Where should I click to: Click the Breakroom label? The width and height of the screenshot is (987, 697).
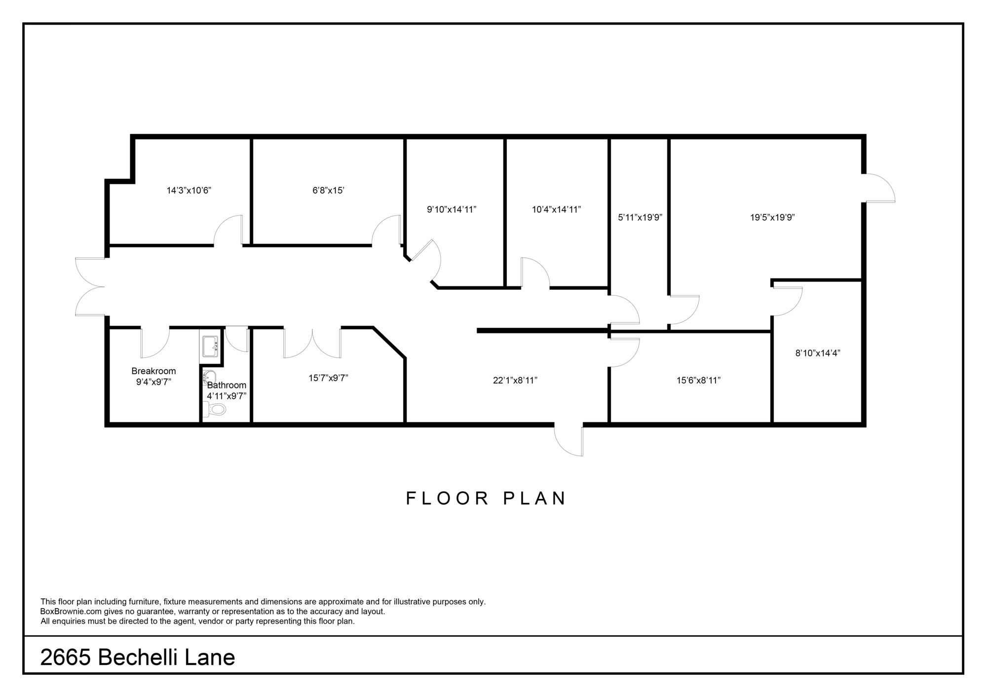[153, 371]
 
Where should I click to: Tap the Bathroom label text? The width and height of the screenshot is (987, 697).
[227, 385]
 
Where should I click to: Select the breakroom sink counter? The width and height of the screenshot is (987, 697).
[211, 346]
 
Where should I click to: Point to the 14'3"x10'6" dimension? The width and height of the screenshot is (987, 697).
[189, 190]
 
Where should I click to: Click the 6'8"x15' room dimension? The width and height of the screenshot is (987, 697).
[328, 190]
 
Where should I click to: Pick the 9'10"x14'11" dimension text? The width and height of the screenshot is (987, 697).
[452, 209]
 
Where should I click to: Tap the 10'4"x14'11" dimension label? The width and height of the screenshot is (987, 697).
[556, 209]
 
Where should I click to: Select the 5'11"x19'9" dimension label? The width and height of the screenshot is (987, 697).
[640, 217]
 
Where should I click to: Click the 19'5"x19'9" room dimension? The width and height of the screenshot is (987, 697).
[772, 217]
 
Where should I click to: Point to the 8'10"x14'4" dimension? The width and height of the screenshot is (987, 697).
[818, 353]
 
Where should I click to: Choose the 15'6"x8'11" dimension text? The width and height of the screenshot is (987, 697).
[698, 381]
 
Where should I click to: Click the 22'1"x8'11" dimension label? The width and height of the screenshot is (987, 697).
[515, 381]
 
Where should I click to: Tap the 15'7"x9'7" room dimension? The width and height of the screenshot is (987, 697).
[329, 378]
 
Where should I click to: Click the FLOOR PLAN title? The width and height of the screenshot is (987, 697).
[486, 498]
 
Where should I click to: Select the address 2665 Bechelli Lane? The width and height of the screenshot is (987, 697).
[138, 657]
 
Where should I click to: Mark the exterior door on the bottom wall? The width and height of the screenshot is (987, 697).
[569, 440]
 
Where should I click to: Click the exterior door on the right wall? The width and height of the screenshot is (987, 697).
[878, 188]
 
